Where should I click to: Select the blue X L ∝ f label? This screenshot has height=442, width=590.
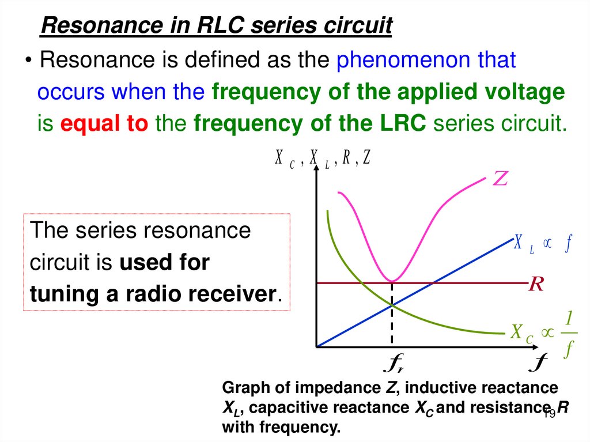(542, 243)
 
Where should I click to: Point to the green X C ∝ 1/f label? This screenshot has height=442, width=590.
(542, 333)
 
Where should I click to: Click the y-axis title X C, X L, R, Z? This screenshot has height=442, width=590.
(322, 158)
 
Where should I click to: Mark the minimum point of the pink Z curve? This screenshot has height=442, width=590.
(392, 281)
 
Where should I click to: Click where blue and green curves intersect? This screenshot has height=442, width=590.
(392, 305)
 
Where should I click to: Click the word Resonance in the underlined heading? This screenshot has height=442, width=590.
(84, 26)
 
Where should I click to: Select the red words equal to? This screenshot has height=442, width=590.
(104, 124)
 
